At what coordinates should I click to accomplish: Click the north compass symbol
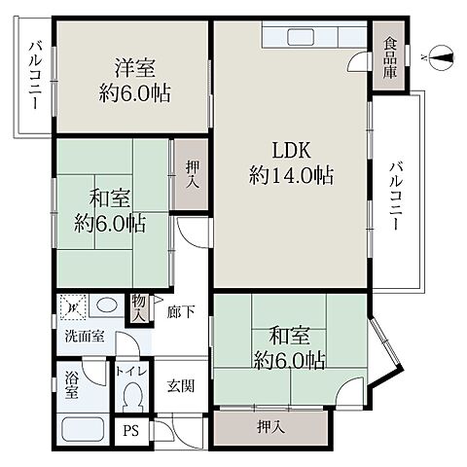(441, 58)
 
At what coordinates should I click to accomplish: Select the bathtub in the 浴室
(83, 429)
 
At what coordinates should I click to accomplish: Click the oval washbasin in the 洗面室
(107, 305)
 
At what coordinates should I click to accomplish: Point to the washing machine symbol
(73, 306)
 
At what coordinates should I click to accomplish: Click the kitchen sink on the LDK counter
(301, 36)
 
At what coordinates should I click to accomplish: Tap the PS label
(131, 431)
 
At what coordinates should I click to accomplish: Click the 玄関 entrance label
(181, 386)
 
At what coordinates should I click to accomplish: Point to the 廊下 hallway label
(181, 312)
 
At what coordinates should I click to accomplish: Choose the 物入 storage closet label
(139, 308)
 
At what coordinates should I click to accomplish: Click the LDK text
(292, 150)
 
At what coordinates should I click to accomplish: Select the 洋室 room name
(134, 68)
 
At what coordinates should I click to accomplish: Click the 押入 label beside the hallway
(192, 175)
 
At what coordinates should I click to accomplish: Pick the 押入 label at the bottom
(271, 427)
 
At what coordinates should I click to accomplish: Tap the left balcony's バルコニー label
(35, 75)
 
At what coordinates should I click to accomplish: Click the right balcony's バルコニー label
(396, 197)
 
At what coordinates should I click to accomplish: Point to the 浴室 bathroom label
(71, 385)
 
